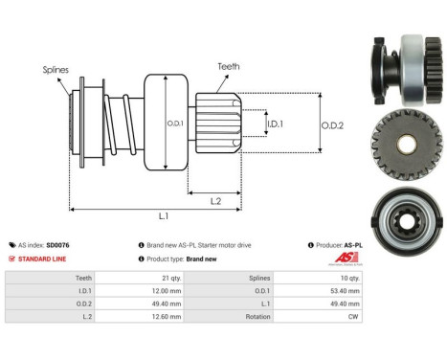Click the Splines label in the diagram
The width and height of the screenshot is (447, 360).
(x=56, y=70)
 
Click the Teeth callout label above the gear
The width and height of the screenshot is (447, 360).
(x=229, y=66)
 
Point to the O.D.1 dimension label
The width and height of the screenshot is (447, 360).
(x=175, y=124)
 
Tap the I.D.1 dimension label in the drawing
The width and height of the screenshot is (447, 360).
(x=275, y=124)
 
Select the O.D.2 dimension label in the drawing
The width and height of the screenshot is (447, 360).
(x=332, y=125)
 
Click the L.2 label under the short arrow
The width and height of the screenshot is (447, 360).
(x=215, y=201)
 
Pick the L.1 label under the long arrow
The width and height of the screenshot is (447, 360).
(x=164, y=216)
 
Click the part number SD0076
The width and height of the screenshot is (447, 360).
(x=57, y=245)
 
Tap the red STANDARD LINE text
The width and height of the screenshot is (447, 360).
(x=42, y=259)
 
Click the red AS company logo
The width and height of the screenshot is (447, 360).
(x=346, y=258)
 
